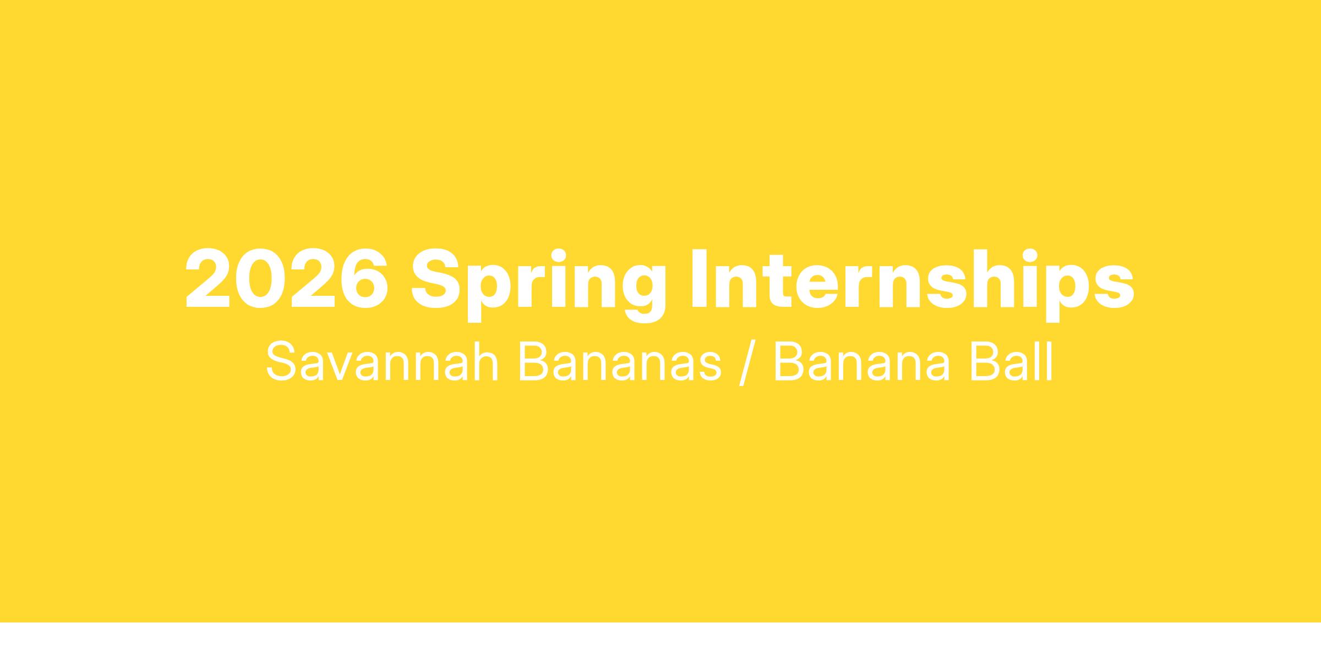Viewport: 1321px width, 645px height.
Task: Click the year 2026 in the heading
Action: (x=287, y=279)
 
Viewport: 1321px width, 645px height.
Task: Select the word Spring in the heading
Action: (x=539, y=285)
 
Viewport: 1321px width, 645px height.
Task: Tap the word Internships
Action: (x=912, y=284)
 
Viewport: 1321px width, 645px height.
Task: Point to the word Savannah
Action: (x=383, y=362)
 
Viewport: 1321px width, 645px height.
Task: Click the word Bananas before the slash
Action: (x=620, y=362)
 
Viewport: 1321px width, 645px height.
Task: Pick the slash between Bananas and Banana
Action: (x=747, y=364)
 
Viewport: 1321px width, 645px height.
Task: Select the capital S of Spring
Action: (x=437, y=279)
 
